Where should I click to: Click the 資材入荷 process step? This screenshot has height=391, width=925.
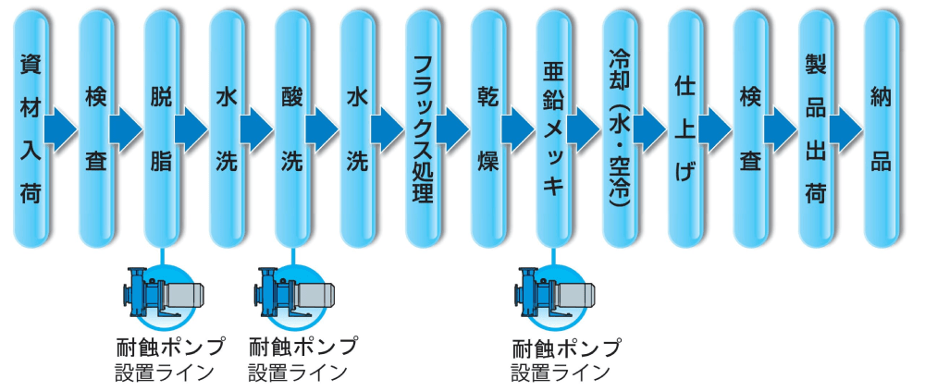[x=31, y=129]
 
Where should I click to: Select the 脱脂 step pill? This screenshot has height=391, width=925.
[x=162, y=129]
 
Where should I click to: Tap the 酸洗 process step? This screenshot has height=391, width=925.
[x=292, y=129]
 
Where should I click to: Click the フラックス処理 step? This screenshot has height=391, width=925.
[x=423, y=129]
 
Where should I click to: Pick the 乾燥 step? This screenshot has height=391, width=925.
[x=488, y=129]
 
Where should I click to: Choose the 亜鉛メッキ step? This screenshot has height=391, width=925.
[x=553, y=129]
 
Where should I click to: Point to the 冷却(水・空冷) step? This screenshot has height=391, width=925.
[x=619, y=129]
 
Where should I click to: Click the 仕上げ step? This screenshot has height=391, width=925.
[x=684, y=129]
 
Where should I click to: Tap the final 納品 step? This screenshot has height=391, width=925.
[x=881, y=129]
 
